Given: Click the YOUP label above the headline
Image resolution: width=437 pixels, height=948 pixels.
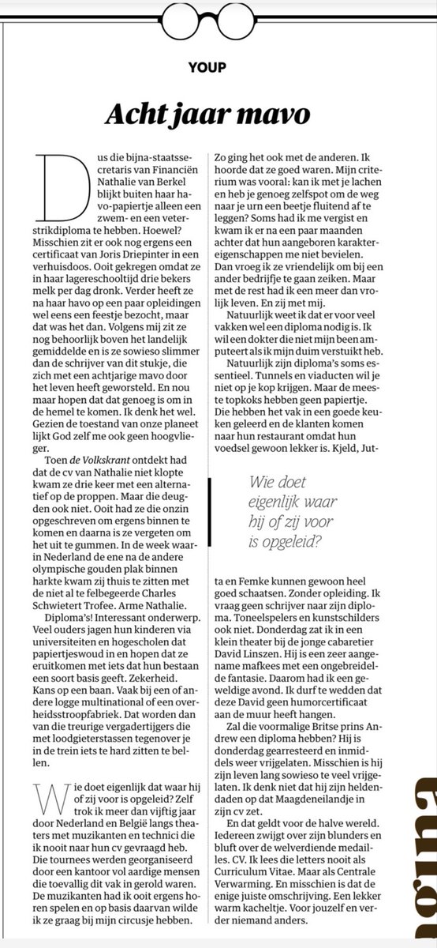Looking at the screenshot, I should click(x=218, y=66).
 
